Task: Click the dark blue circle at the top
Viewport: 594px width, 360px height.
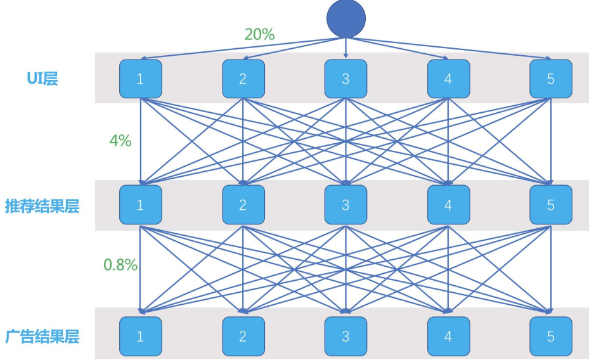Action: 346,18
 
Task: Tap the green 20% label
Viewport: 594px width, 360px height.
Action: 259,34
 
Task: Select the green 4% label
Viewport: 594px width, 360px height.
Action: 120,141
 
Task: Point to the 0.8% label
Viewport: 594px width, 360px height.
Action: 120,264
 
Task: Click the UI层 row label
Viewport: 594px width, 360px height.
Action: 42,79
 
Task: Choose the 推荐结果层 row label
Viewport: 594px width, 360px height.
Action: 42,207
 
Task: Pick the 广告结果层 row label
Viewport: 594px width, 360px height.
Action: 42,336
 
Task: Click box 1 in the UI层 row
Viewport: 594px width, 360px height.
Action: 141,79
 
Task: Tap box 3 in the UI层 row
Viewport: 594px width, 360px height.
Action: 345,79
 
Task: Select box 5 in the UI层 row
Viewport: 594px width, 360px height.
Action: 551,79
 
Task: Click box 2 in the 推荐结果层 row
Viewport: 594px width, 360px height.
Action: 243,205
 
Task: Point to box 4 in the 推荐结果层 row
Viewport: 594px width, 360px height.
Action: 449,205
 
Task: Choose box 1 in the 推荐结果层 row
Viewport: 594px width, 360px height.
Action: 141,205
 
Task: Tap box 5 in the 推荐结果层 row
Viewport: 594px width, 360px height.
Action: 551,205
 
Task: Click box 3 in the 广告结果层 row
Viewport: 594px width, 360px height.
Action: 345,336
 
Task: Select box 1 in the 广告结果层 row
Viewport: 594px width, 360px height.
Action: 141,336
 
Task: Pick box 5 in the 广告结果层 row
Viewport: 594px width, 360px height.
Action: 551,336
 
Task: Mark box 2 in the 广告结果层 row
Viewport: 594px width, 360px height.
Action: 243,336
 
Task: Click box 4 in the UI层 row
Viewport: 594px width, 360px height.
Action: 449,79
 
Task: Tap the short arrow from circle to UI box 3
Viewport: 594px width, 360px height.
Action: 345,48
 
